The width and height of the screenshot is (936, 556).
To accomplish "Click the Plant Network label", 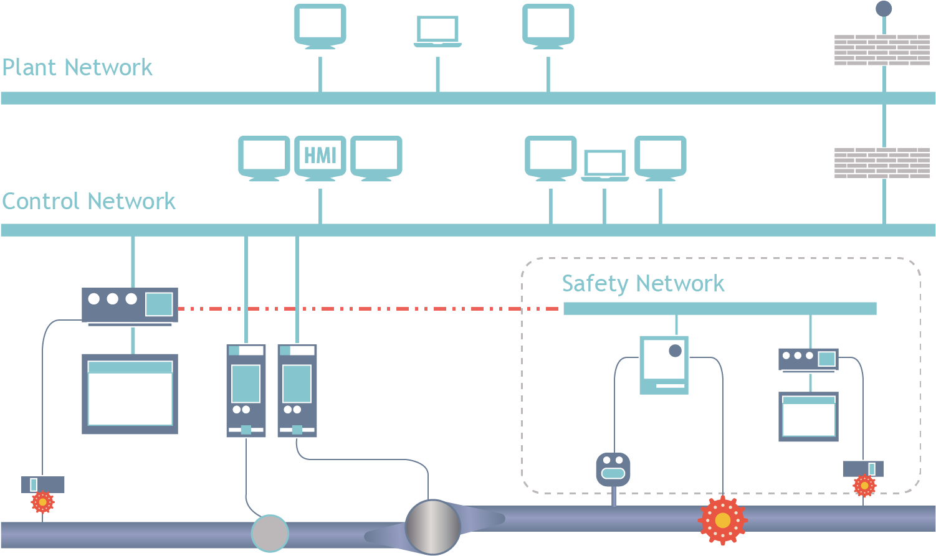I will click(x=77, y=67).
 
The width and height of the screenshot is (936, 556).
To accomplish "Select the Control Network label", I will click(x=88, y=201).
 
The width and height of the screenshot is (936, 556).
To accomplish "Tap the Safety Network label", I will click(x=642, y=283).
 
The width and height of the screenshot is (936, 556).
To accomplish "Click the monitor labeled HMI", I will click(x=320, y=156).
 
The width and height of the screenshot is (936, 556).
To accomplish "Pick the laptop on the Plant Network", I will click(x=437, y=31).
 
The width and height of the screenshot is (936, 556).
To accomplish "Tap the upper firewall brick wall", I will click(x=882, y=50).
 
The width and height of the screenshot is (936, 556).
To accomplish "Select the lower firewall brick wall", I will click(x=882, y=163).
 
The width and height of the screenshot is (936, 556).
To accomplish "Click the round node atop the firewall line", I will click(x=884, y=9).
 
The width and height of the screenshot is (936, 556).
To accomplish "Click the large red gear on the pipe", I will click(x=722, y=520).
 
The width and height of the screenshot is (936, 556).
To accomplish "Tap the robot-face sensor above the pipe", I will click(x=613, y=469).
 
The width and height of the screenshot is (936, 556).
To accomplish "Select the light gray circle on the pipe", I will click(x=270, y=534).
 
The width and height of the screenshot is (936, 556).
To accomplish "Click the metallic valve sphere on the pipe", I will click(x=432, y=527).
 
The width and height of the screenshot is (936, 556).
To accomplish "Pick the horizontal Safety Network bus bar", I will click(x=720, y=308).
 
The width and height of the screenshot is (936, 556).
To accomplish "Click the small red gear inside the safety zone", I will click(x=864, y=486).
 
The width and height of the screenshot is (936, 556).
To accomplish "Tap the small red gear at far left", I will click(x=42, y=501).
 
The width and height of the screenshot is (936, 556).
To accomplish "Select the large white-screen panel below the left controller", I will click(x=130, y=393).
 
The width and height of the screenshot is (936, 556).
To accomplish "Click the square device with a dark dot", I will click(x=664, y=365).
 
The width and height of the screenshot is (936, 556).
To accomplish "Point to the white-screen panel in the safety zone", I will click(x=808, y=417).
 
